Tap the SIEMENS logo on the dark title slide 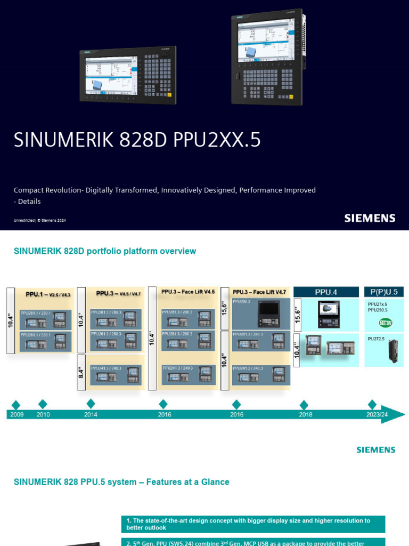[x=370, y=218]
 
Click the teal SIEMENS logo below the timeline [x=375, y=449]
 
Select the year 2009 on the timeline [x=17, y=415]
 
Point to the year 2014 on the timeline [x=91, y=415]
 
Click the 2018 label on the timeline [x=305, y=415]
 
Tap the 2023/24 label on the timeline [x=377, y=415]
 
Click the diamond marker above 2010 [x=43, y=404]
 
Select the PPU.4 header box [x=326, y=292]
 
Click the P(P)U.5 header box [x=383, y=292]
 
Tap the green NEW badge [x=386, y=323]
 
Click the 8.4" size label [x=81, y=372]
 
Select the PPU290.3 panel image [x=268, y=315]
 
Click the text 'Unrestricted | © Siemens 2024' [x=39, y=220]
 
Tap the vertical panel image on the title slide [x=268, y=58]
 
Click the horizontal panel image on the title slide [x=128, y=75]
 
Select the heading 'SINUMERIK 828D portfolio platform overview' [x=105, y=251]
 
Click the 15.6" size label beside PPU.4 [x=297, y=314]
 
